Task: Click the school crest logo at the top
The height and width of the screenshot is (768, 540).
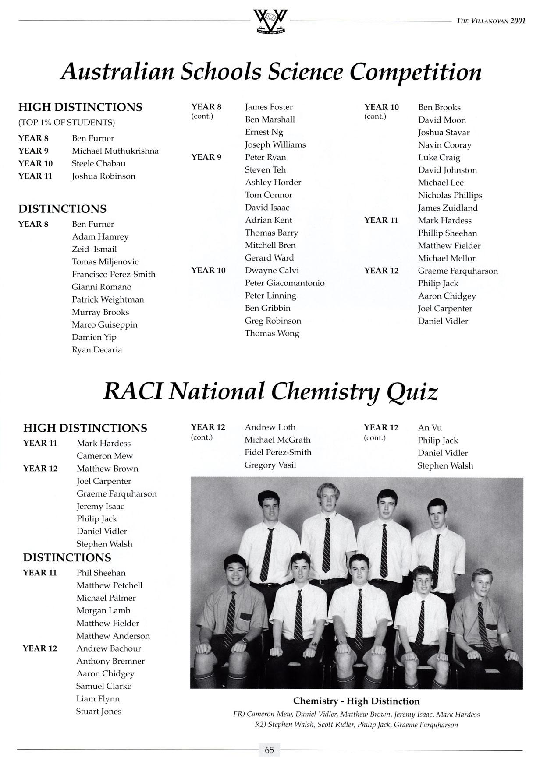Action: pyautogui.click(x=270, y=21)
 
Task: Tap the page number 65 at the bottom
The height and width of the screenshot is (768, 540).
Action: pyautogui.click(x=270, y=750)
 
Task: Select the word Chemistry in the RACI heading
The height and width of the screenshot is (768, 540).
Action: pyautogui.click(x=323, y=391)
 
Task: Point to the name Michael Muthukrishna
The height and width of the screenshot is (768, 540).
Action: pyautogui.click(x=115, y=151)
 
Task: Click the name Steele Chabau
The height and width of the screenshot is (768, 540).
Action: pyautogui.click(x=99, y=164)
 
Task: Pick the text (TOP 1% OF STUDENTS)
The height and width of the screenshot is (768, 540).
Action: pyautogui.click(x=67, y=123)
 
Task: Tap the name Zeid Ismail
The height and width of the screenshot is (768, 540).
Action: pyautogui.click(x=94, y=250)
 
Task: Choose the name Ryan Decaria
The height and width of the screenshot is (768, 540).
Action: pyautogui.click(x=97, y=350)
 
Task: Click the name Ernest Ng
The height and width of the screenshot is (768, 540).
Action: pyautogui.click(x=264, y=132)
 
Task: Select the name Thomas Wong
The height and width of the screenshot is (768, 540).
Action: pyautogui.click(x=272, y=334)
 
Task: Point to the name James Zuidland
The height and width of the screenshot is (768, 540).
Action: pyautogui.click(x=448, y=208)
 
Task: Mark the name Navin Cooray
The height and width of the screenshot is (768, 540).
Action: pyautogui.click(x=444, y=145)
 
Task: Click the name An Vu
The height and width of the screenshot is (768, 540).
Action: pyautogui.click(x=430, y=428)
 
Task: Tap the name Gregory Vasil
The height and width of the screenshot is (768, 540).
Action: pyautogui.click(x=270, y=465)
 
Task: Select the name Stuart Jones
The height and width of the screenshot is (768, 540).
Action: pyautogui.click(x=99, y=712)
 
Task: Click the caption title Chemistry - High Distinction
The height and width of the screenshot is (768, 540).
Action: pyautogui.click(x=356, y=701)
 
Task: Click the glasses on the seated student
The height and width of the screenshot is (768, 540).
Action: pyautogui.click(x=423, y=581)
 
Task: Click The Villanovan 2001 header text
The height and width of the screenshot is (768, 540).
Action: pyautogui.click(x=490, y=21)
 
